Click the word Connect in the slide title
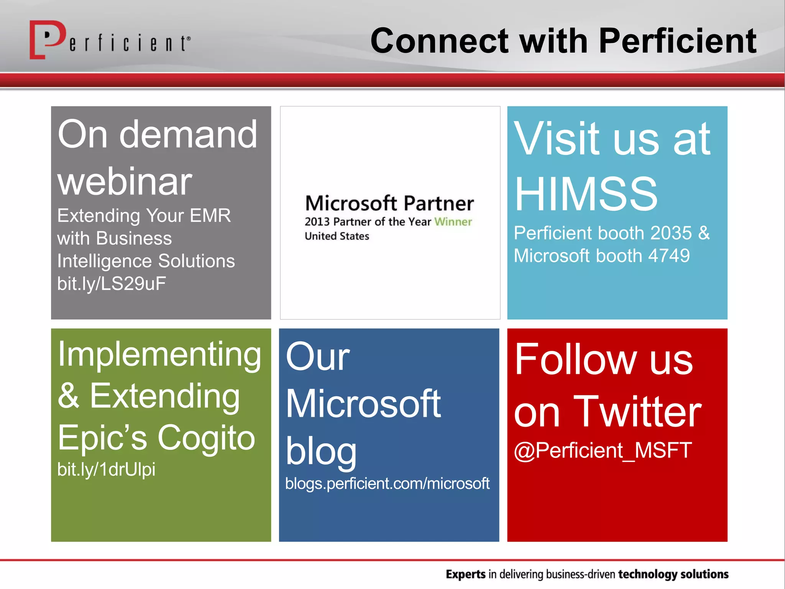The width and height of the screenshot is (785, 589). point(439,41)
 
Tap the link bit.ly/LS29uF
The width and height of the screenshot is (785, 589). point(112,284)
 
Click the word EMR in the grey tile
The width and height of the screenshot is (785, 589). point(210,215)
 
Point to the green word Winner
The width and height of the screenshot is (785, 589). point(453,222)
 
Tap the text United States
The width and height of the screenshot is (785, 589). point(337,236)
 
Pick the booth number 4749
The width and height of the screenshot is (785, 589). point(668,256)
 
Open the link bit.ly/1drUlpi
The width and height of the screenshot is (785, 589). point(106,469)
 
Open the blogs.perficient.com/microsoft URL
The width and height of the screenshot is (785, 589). point(387,484)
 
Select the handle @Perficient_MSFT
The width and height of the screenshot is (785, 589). point(603,450)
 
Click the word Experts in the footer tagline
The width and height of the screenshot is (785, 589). point(466,574)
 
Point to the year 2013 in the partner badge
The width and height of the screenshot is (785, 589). point(317,222)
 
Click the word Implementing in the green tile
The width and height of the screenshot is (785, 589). point(159,355)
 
